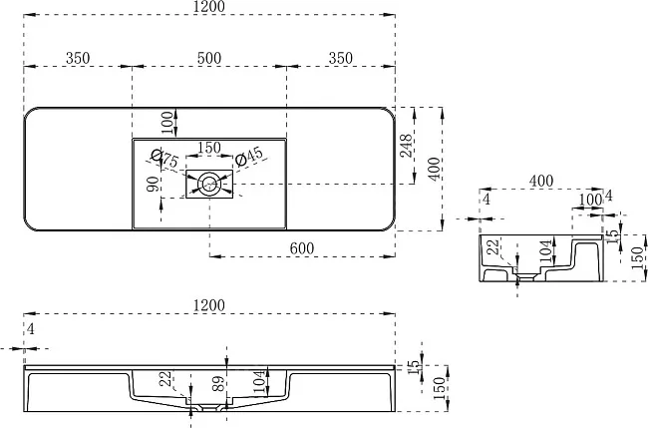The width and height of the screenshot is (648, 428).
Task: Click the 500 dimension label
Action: click(x=209, y=58)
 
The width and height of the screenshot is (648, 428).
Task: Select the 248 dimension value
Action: click(x=406, y=145)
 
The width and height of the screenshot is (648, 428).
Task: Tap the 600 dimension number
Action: click(x=302, y=248)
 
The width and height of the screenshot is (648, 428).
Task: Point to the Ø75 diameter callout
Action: click(x=164, y=158)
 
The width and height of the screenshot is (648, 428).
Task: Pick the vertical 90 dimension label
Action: click(x=153, y=184)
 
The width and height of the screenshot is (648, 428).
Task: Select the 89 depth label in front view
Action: click(x=218, y=383)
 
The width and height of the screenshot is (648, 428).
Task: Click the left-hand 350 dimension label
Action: click(x=78, y=58)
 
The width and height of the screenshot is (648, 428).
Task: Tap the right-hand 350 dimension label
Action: click(x=341, y=58)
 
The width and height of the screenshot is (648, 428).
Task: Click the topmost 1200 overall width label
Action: click(x=209, y=7)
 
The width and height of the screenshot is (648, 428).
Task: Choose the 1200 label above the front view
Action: click(x=209, y=305)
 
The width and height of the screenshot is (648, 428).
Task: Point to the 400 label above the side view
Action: click(x=541, y=181)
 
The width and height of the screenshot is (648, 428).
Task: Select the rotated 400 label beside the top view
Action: click(x=434, y=169)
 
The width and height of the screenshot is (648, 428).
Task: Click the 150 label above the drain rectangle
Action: click(x=209, y=148)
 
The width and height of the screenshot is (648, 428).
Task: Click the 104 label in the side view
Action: click(x=546, y=251)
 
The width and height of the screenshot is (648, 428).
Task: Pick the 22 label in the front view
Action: click(x=166, y=379)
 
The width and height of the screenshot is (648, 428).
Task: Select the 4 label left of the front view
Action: click(x=30, y=329)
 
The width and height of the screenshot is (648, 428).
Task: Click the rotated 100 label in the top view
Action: click(x=166, y=123)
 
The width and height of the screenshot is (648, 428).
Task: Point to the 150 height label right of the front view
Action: click(x=441, y=388)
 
